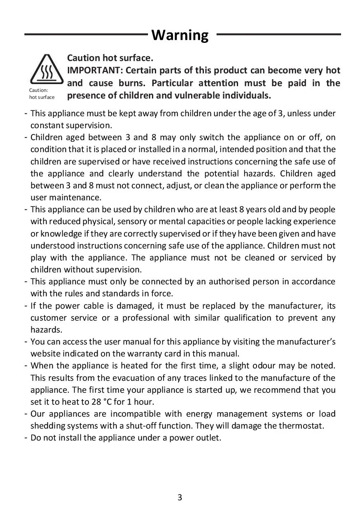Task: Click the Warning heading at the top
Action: tap(180, 35)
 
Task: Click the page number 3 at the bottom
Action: tap(180, 497)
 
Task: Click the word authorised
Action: tap(229, 281)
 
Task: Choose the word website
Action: tap(44, 354)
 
